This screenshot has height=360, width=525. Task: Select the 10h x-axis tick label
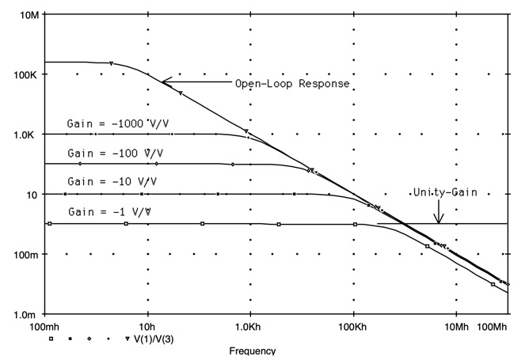[147, 326]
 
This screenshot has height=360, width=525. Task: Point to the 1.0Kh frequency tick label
[250, 326]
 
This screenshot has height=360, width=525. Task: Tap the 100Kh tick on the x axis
[353, 326]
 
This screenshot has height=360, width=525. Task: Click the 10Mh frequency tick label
[456, 326]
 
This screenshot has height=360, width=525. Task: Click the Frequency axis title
[253, 351]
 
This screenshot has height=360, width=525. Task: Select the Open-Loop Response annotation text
[292, 83]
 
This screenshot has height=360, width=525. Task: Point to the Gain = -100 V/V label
[116, 153]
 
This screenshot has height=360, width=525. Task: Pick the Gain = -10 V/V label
[112, 182]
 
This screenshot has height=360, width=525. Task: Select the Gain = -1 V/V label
[110, 212]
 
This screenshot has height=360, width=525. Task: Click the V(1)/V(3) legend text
[156, 339]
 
